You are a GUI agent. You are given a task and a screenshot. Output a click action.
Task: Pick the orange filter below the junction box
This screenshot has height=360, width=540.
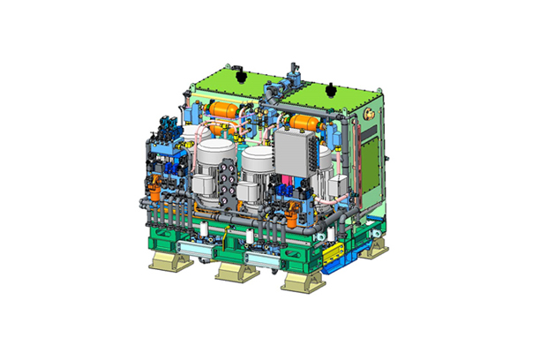point(291,205)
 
